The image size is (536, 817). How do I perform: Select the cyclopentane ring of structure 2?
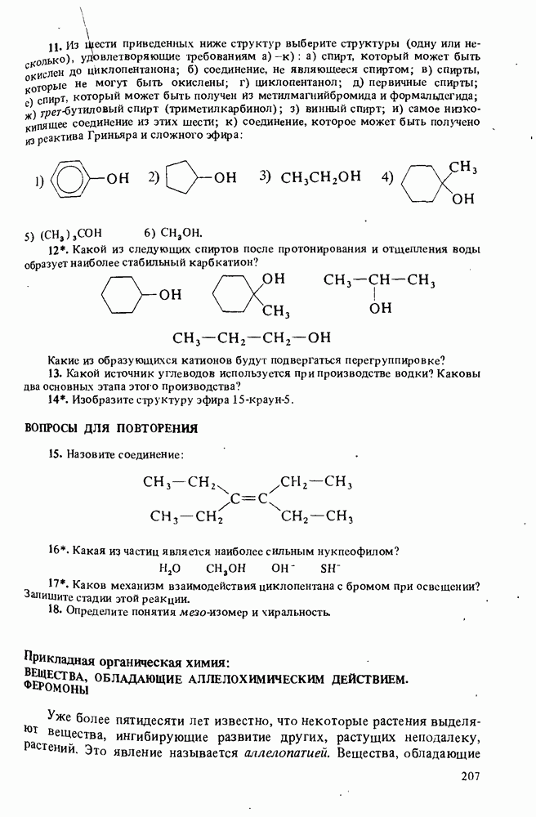pos(167,178)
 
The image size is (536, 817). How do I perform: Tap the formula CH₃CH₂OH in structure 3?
pos(320,177)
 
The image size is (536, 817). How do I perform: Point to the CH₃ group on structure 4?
pos(463,167)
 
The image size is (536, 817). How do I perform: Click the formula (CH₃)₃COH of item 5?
pos(71,234)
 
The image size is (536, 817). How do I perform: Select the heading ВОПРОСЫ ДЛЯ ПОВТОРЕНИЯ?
pos(111,428)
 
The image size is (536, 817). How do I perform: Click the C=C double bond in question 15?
pos(248,499)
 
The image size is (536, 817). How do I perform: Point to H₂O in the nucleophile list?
pos(167,568)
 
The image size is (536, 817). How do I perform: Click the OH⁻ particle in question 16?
pos(283,568)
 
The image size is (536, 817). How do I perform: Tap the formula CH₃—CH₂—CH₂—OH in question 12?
pos(252,338)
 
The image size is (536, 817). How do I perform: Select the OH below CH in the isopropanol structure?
pos(380,309)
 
